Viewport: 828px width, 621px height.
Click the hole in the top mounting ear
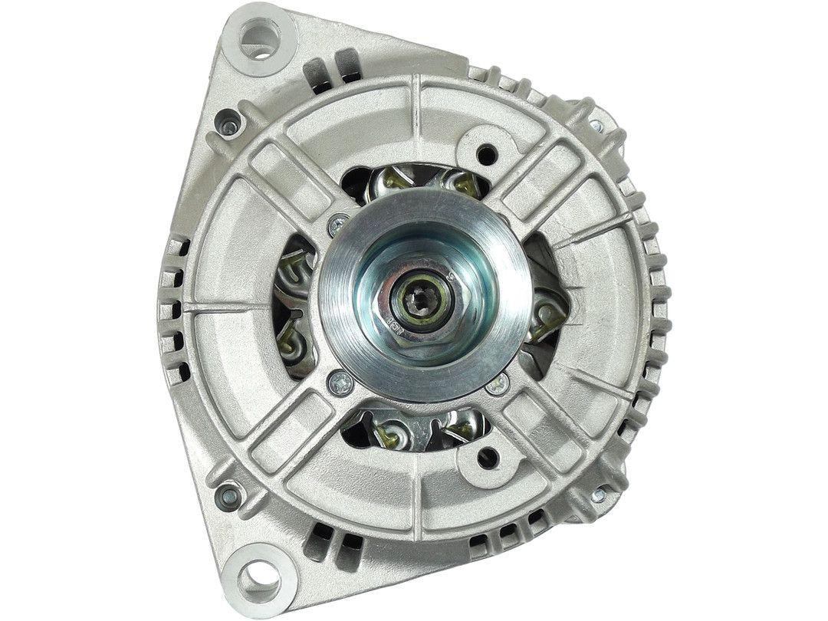[258, 38]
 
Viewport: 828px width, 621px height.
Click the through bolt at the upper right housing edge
[596, 125]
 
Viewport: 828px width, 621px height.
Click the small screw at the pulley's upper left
[336, 225]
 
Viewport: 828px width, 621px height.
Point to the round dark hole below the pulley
[485, 459]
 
